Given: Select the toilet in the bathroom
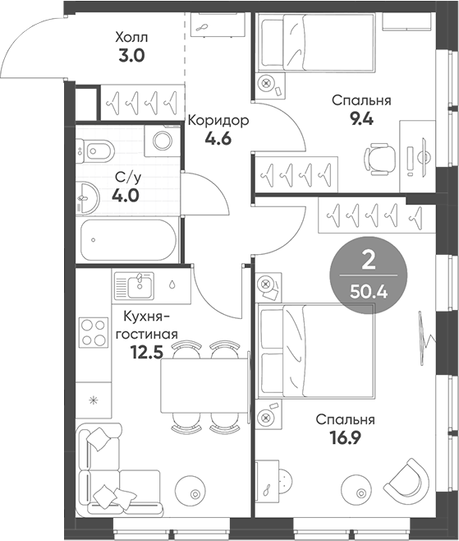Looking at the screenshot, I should pyautogui.click(x=97, y=150).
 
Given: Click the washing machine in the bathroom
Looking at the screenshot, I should pyautogui.click(x=161, y=141).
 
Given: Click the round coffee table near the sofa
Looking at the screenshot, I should pyautogui.click(x=195, y=492).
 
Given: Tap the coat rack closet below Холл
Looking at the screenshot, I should pyautogui.click(x=140, y=102).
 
